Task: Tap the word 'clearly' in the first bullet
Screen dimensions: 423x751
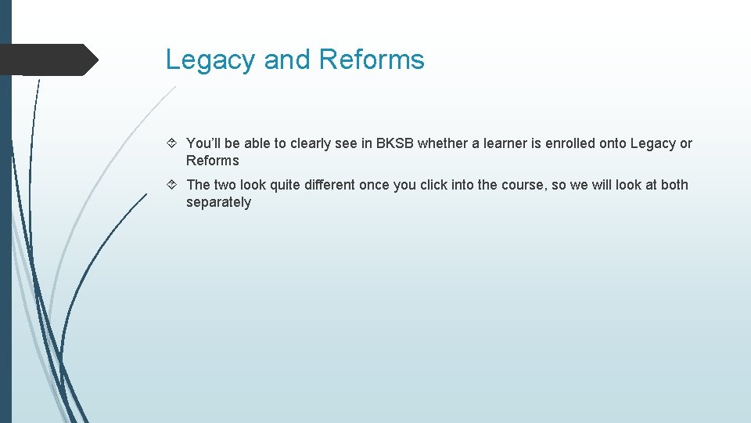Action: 311,143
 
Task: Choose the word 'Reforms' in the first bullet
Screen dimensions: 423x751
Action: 212,161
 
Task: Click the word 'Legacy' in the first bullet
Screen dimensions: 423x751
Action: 652,143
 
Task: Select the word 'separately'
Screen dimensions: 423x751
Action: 218,202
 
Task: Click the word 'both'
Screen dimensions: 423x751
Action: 674,185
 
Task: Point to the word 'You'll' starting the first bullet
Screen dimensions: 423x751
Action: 204,143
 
